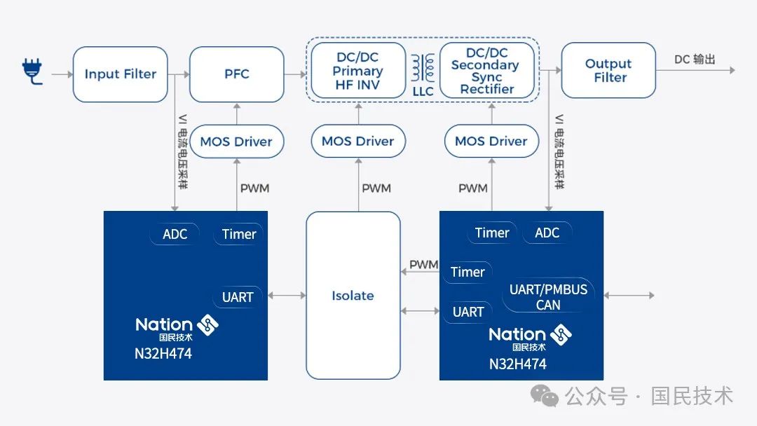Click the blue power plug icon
point(32,71)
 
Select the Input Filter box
point(121,74)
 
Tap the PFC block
point(237,74)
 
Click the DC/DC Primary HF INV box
point(358,71)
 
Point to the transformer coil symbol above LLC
point(423,67)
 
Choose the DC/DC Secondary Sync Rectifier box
point(487,71)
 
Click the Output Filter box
point(608,71)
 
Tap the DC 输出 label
point(695,60)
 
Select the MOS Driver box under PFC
point(237,142)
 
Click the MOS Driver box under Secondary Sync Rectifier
point(491,141)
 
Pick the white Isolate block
point(353,295)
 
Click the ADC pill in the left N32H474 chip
point(175,234)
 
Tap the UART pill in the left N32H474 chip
point(238,296)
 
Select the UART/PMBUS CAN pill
point(548,296)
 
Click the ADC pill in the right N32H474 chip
point(547,233)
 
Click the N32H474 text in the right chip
point(517,364)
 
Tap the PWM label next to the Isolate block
point(423,264)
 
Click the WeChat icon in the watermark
point(544,396)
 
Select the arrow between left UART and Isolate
point(287,295)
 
